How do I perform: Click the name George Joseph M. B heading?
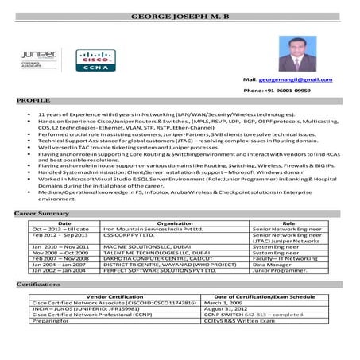click(x=180, y=17)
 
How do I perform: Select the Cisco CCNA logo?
click(x=91, y=60)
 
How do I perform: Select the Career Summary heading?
click(x=42, y=215)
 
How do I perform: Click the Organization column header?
click(x=175, y=224)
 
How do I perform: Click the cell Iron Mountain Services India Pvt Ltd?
click(x=153, y=230)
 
